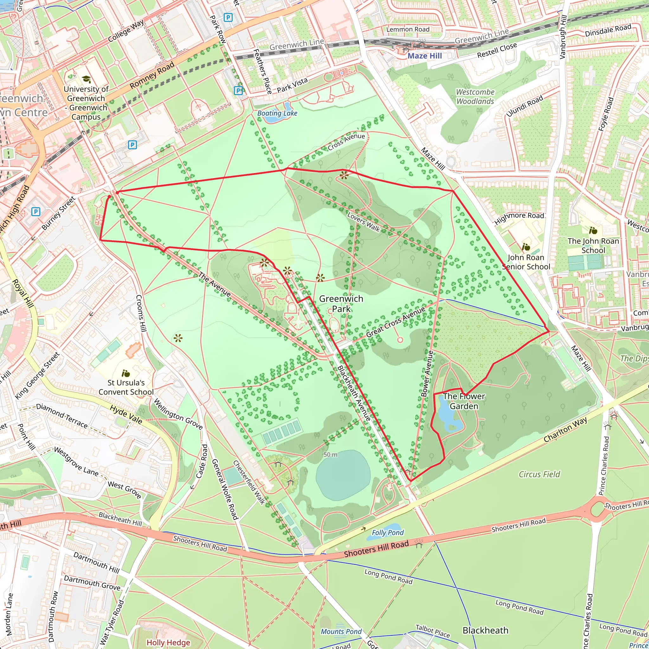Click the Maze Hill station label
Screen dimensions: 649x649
(425, 56)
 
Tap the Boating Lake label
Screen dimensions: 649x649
(277, 113)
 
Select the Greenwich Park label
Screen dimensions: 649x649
(341, 303)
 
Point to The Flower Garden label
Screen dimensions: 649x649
(464, 401)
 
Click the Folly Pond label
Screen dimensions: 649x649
(388, 532)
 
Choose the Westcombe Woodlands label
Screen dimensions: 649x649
(475, 97)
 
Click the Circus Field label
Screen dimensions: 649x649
(539, 474)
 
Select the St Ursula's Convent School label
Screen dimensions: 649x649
(126, 387)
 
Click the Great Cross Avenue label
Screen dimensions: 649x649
(395, 322)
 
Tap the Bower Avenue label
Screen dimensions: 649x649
(427, 374)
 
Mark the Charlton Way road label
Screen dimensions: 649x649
(565, 430)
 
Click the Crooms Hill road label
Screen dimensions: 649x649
(141, 313)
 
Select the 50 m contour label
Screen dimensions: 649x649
(331, 454)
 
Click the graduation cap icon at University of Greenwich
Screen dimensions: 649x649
(86, 79)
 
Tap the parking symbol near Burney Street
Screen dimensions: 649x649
(35, 212)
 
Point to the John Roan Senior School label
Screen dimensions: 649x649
(526, 262)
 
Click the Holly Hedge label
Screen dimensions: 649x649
(168, 643)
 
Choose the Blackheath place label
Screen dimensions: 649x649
(485, 630)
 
